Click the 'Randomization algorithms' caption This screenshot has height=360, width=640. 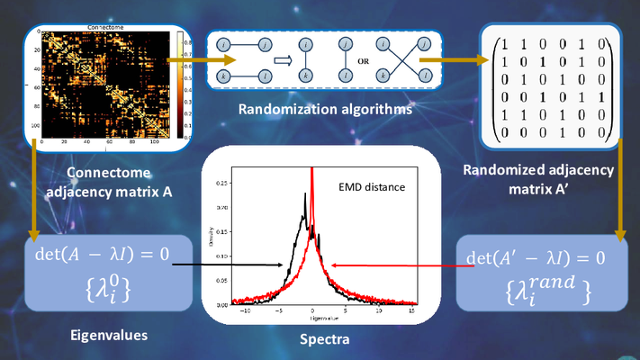[x=326, y=112]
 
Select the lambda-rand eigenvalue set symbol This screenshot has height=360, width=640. [x=537, y=288]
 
